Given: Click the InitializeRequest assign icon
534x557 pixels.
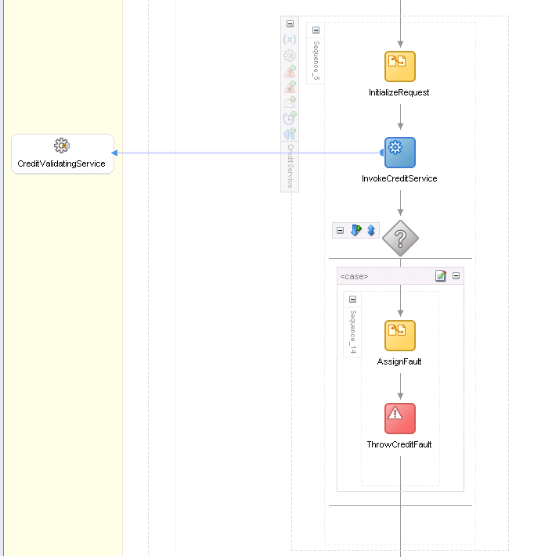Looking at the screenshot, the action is (x=400, y=66).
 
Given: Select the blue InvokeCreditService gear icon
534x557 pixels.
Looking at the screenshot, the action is (x=400, y=153).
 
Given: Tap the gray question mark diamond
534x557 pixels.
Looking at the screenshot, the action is (x=400, y=238).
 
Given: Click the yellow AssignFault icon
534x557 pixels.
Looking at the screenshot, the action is (x=400, y=336).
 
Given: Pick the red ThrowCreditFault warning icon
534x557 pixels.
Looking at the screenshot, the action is (x=400, y=419).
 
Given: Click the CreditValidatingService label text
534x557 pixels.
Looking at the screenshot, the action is (x=61, y=164).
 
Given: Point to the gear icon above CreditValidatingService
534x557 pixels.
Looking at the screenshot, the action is (x=62, y=146).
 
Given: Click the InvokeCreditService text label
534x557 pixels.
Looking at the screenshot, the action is (x=399, y=178).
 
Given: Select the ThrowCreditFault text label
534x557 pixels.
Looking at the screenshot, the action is (x=399, y=444).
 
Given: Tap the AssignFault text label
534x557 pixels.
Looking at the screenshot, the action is (x=399, y=361).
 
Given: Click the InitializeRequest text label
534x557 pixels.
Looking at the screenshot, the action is (x=399, y=93).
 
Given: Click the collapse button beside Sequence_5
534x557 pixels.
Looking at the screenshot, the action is (x=316, y=31).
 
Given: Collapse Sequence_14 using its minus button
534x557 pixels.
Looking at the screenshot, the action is (x=352, y=299).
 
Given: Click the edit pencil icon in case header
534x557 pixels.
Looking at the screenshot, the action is (x=441, y=275).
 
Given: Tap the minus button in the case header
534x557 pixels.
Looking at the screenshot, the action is (x=456, y=275).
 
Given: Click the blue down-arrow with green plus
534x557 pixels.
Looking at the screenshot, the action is (x=356, y=230).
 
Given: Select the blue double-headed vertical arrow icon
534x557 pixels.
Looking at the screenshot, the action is (x=371, y=230).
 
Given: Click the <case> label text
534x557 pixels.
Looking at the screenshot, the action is (x=354, y=276).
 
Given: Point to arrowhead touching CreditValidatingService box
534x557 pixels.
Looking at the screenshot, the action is (x=114, y=153).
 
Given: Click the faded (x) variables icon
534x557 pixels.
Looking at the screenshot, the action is (x=290, y=39).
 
